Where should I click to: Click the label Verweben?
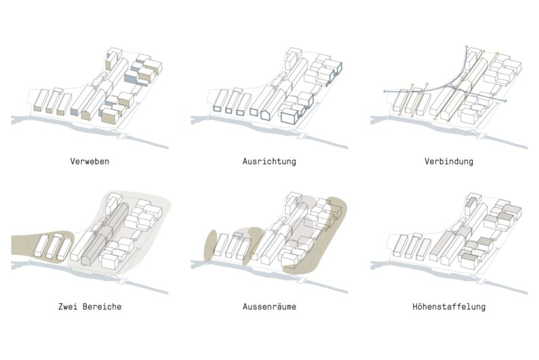click(x=90, y=161)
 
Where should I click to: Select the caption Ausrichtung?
click(x=269, y=161)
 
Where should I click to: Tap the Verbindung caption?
click(x=449, y=161)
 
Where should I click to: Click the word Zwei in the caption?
click(x=67, y=306)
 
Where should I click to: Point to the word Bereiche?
click(x=102, y=306)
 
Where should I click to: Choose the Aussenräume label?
click(x=269, y=306)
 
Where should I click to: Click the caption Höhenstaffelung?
click(x=449, y=306)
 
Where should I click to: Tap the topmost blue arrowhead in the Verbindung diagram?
click(x=466, y=47)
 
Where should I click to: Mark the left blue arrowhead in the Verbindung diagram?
click(x=385, y=92)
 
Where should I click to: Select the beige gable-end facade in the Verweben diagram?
click(x=86, y=114)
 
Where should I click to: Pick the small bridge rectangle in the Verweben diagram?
click(x=121, y=136)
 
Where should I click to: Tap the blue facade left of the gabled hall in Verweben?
click(x=75, y=111)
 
